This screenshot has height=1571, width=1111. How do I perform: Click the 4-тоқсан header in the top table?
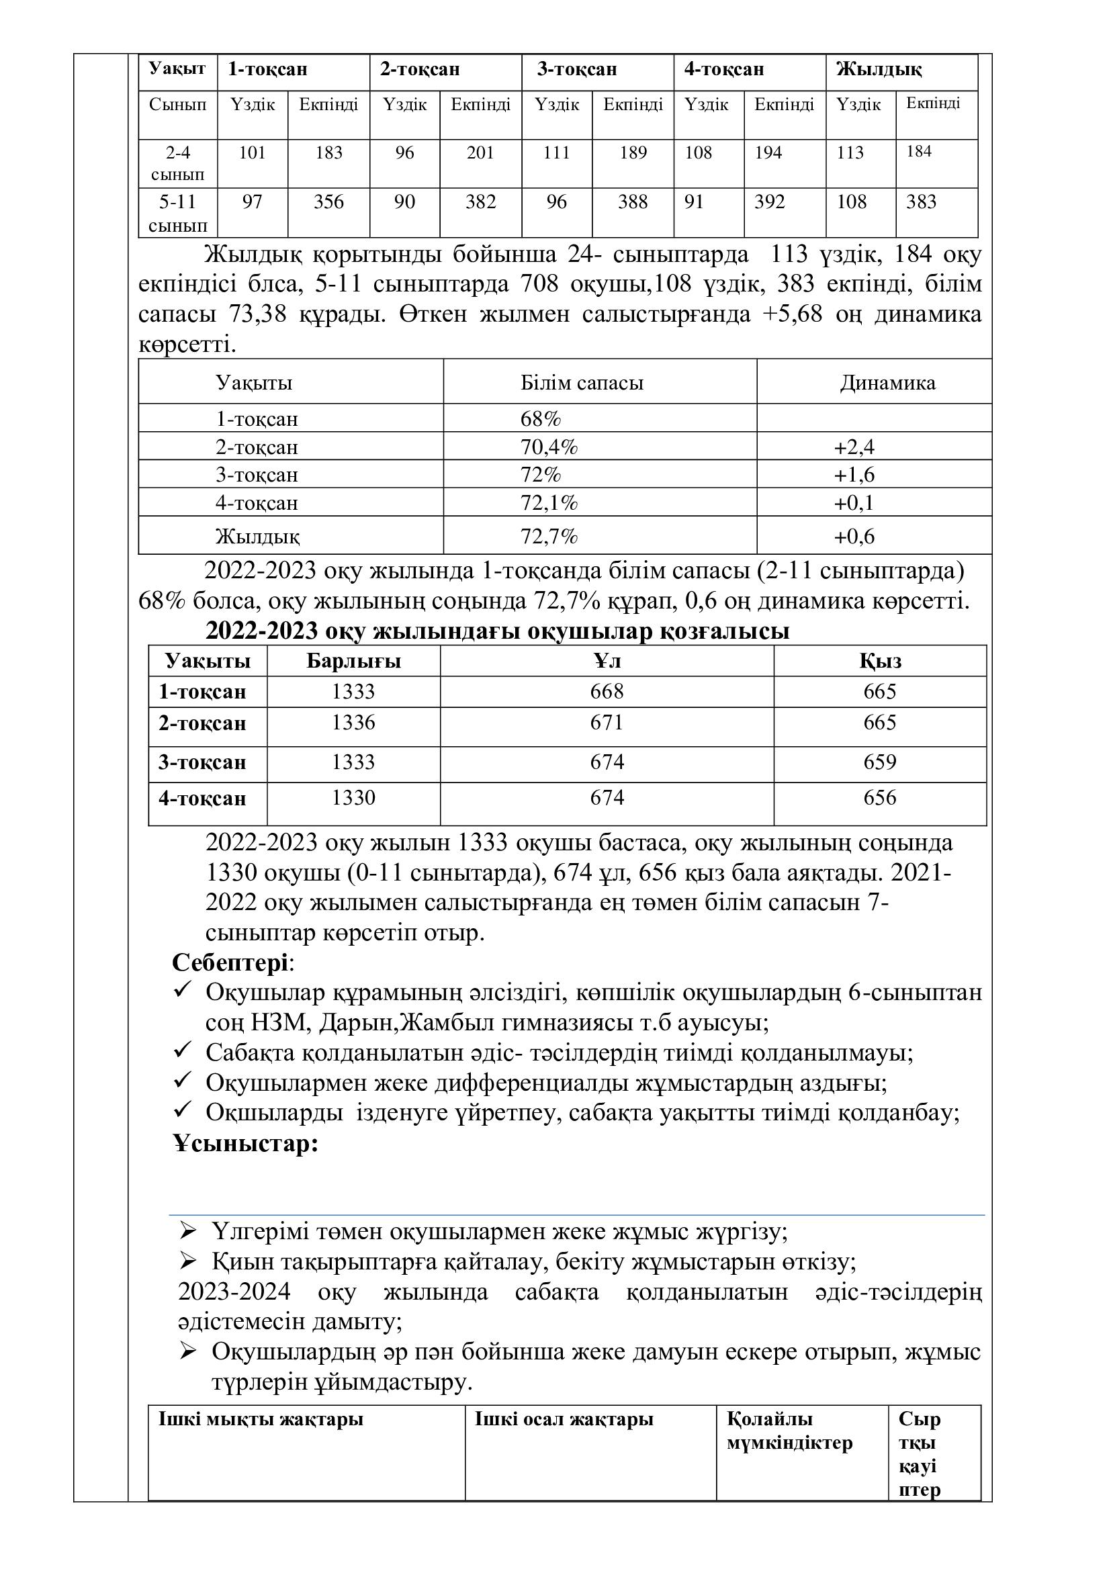tap(724, 69)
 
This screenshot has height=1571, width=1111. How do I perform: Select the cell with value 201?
tap(480, 152)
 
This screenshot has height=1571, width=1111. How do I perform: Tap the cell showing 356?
tap(328, 202)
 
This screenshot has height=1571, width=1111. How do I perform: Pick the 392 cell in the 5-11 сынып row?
tap(770, 202)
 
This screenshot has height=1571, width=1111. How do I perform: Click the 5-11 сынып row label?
tap(177, 213)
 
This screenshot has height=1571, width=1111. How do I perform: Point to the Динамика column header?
tap(887, 382)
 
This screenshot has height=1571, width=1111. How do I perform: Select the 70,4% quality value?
tap(549, 447)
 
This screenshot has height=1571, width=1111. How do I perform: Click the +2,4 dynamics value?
tap(854, 447)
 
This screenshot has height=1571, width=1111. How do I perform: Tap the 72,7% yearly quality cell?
tap(549, 537)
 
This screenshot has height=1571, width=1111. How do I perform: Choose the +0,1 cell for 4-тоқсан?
tap(854, 504)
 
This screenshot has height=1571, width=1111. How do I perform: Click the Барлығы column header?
tap(353, 661)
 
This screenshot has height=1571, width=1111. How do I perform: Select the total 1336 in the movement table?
tap(353, 723)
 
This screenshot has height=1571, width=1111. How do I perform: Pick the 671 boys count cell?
tap(607, 723)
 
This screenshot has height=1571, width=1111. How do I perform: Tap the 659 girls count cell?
tap(879, 762)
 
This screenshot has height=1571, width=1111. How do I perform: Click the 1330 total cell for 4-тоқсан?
tap(353, 798)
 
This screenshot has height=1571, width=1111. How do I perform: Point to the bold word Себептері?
tap(230, 962)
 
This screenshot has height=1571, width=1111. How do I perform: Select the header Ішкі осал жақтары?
tap(564, 1419)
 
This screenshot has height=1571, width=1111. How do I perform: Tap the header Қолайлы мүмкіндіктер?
tap(789, 1431)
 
